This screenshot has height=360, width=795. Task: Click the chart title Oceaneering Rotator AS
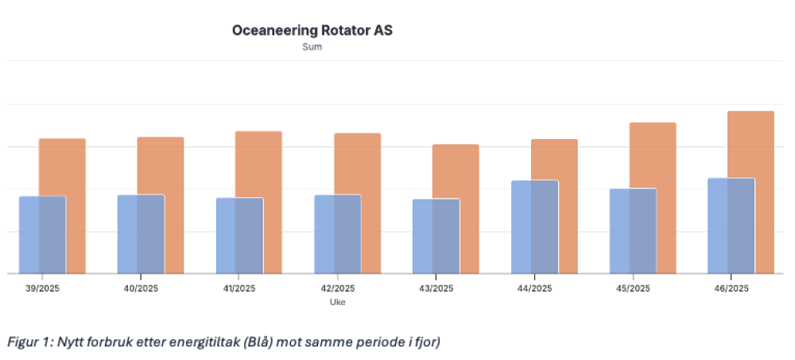point(312,31)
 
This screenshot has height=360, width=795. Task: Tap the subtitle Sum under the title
point(312,48)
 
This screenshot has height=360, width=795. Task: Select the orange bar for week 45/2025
point(660,159)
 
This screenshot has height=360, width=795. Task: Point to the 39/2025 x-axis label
point(42,288)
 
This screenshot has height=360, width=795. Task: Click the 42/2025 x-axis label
point(337,288)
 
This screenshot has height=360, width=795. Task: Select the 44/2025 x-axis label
point(533,288)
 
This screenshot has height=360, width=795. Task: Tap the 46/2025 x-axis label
point(731,288)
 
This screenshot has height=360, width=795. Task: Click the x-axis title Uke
point(337,302)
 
